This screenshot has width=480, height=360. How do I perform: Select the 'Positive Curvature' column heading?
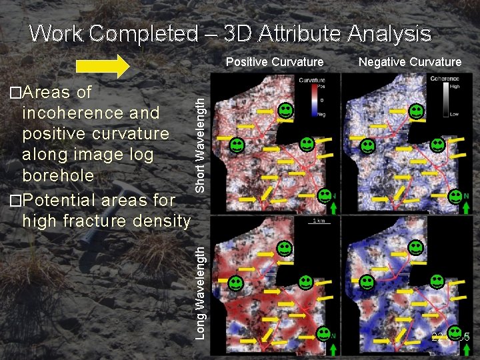[x=275, y=62]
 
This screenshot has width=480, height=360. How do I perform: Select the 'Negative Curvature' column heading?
[x=410, y=62]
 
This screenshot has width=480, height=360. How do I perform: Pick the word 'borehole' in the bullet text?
[x=58, y=175]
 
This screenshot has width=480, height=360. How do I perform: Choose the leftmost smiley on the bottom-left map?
[x=236, y=283]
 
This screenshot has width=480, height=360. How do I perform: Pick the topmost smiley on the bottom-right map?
[x=415, y=247]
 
